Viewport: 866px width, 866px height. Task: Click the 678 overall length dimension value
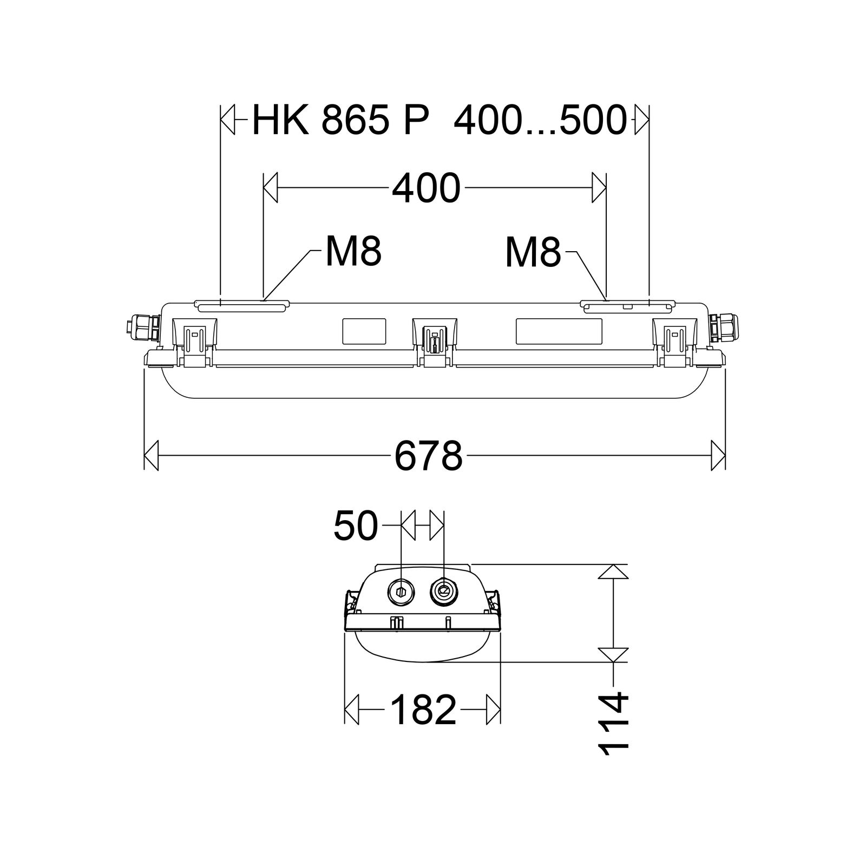428,456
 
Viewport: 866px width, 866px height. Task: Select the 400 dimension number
426,188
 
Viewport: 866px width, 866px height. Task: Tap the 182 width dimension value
423,710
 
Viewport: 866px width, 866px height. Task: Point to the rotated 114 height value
613,723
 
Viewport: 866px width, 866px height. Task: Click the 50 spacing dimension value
355,526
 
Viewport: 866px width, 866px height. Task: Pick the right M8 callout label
533,253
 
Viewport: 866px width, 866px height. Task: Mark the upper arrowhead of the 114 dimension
613,572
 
